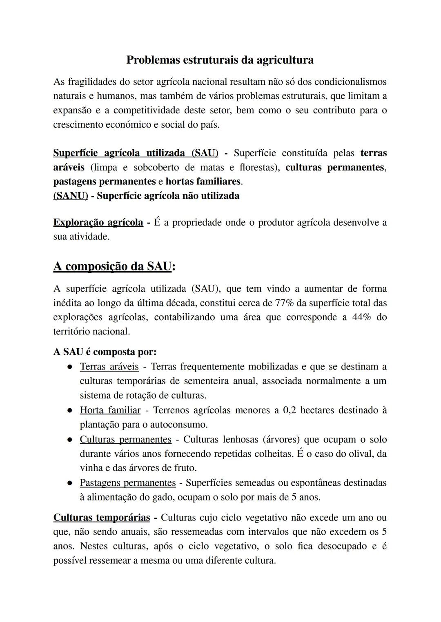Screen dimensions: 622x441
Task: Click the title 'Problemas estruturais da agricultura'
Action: pyautogui.click(x=220, y=60)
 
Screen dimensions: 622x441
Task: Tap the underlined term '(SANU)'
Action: pyautogui.click(x=71, y=196)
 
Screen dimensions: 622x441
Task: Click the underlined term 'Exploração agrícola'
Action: pyautogui.click(x=98, y=223)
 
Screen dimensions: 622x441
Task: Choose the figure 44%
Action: pyautogui.click(x=361, y=317)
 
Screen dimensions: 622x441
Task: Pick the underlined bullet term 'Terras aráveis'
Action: pyautogui.click(x=109, y=367)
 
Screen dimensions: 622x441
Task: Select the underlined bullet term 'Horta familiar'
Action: pyautogui.click(x=110, y=410)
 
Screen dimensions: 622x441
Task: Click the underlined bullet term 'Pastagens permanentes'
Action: pyautogui.click(x=127, y=483)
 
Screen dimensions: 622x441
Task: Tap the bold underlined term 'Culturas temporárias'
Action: pyautogui.click(x=102, y=518)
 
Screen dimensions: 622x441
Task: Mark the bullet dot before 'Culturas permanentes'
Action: pyautogui.click(x=70, y=440)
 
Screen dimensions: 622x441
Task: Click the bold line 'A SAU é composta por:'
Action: pyautogui.click(x=105, y=352)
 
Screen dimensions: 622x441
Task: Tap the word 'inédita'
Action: pyautogui.click(x=67, y=303)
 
